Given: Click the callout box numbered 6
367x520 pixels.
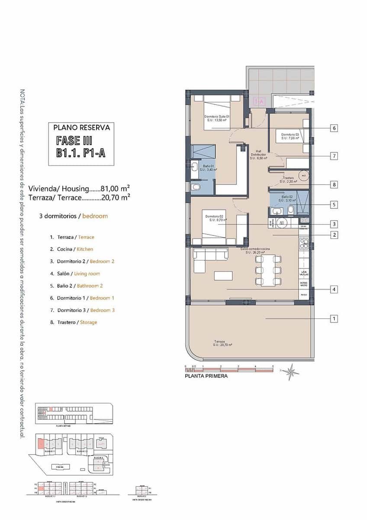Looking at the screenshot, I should (x=334, y=128).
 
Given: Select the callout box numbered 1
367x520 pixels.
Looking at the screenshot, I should (x=334, y=319).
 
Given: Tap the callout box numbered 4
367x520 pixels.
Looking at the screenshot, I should (x=334, y=289).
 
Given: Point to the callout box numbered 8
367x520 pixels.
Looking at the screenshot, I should (x=334, y=185).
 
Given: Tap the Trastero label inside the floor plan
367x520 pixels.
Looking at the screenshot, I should (x=289, y=179).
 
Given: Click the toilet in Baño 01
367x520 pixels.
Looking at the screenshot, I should (x=196, y=187).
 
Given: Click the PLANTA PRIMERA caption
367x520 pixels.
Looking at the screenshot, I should (x=206, y=376).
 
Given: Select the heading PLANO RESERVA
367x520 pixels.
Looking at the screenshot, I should (x=81, y=128).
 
